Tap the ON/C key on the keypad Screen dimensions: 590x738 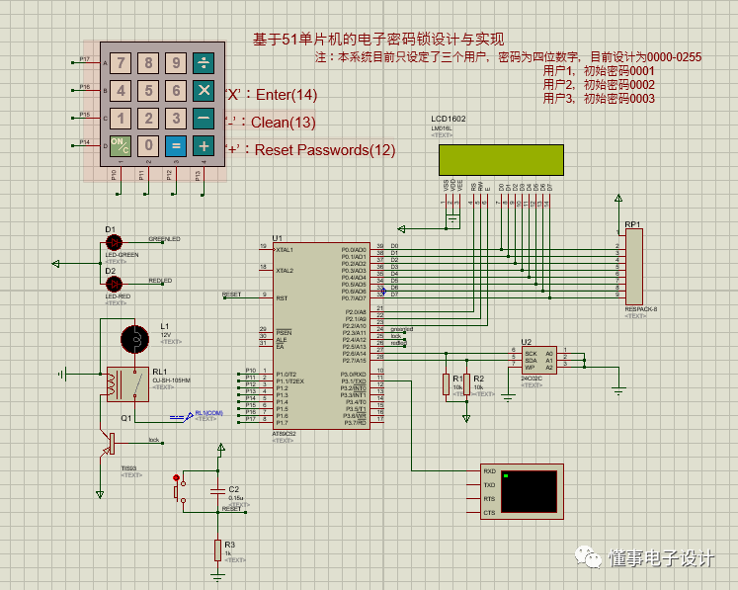click(x=120, y=146)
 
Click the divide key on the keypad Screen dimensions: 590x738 click(x=204, y=64)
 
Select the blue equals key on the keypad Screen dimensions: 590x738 click(x=176, y=146)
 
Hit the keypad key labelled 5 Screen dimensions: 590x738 click(x=148, y=91)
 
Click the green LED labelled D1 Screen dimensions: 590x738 click(x=114, y=242)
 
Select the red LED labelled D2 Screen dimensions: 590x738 click(x=114, y=283)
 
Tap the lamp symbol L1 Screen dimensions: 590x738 click(x=132, y=339)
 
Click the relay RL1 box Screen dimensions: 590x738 click(x=127, y=383)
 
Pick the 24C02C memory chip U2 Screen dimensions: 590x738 click(x=539, y=359)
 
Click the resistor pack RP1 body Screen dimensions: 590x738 click(x=634, y=266)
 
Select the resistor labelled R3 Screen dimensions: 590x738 click(x=217, y=549)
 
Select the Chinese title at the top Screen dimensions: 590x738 click(x=378, y=40)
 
